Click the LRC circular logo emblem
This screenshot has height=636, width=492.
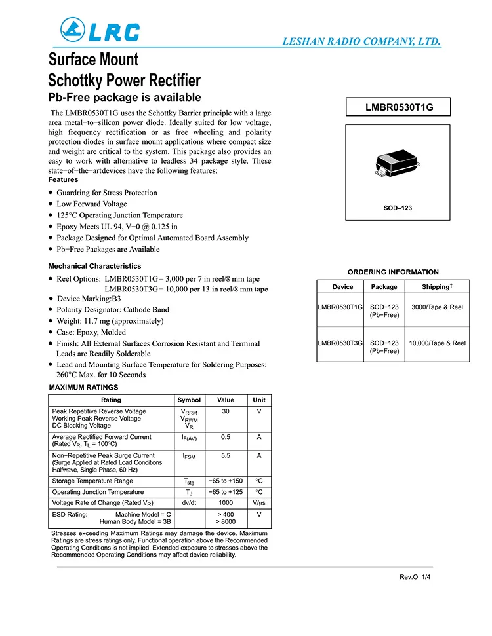point(72,30)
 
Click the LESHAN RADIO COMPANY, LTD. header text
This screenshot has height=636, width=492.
point(361,41)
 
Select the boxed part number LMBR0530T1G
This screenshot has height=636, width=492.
point(399,107)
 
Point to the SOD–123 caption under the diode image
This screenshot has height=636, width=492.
point(398,208)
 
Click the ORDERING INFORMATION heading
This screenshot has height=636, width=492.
point(393,272)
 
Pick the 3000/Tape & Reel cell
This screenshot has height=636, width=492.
point(437,307)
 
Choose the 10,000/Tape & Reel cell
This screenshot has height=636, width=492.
point(437,343)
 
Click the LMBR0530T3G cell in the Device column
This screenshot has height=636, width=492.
point(340,343)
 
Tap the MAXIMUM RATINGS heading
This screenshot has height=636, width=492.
point(84,388)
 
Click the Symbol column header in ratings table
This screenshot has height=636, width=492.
point(189,400)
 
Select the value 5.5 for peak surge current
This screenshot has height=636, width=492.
point(225,455)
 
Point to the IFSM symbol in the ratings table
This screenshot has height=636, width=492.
point(189,456)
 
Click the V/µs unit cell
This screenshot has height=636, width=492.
point(259,503)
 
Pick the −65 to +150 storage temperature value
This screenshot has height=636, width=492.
point(225,481)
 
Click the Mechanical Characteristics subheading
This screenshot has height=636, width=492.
point(94,266)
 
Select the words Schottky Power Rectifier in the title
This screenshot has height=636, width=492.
point(125,81)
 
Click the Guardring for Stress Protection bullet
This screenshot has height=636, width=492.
point(107,193)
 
